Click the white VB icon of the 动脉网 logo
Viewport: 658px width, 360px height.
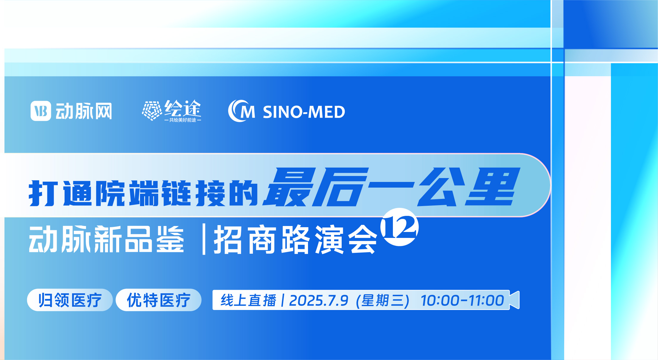41,111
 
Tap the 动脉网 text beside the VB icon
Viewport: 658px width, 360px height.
84,111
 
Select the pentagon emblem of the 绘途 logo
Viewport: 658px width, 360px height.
152,110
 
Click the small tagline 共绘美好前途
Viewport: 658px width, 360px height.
183,120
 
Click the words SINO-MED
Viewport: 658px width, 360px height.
304,112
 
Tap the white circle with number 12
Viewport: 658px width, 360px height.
399,227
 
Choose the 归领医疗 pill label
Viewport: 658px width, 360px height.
70,300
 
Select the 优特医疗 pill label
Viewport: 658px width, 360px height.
158,300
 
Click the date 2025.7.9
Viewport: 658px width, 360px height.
318,300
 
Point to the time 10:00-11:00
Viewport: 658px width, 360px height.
462,300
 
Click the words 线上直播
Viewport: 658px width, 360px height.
248,300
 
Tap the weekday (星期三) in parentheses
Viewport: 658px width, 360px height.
382,300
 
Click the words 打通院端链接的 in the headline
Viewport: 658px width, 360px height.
143,193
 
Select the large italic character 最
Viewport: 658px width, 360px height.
289,187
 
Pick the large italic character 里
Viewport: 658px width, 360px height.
493,187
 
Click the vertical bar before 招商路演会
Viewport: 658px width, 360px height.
204,239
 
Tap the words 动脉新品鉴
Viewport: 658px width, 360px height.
106,239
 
